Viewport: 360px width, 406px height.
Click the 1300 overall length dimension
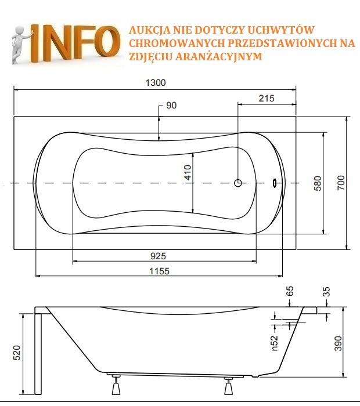155,83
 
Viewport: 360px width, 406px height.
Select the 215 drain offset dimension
266,98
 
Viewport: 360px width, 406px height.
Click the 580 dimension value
317,183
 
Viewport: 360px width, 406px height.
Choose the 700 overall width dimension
341,183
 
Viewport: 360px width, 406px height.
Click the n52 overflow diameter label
275,342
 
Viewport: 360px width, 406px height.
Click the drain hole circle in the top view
238,183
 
